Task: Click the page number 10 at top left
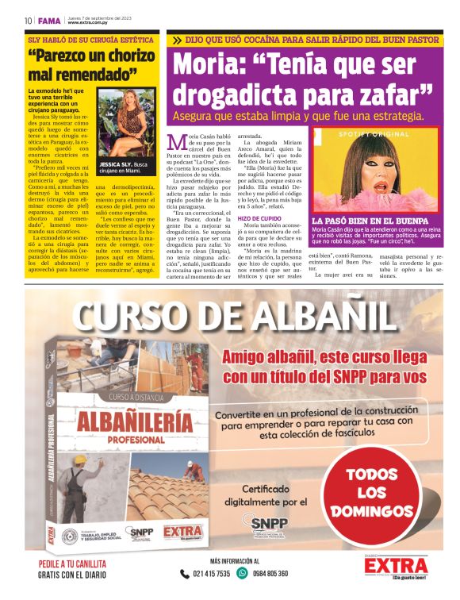28,20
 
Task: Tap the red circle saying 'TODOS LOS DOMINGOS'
378,492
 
